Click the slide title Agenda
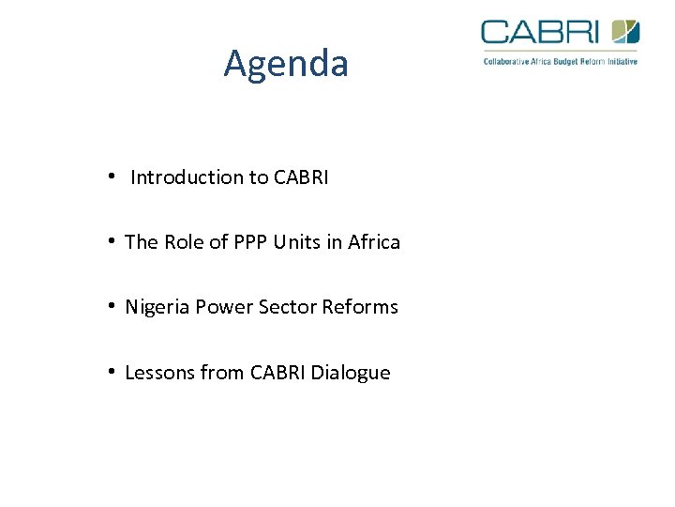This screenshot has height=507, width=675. point(286,64)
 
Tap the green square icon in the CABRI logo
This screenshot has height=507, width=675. point(625,32)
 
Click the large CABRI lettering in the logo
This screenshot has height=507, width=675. point(540,32)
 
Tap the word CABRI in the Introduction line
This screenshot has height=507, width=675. point(301,177)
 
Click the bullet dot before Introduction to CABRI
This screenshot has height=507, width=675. point(112,177)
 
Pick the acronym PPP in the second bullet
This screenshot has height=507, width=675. point(250,242)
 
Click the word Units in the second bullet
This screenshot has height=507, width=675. point(296,242)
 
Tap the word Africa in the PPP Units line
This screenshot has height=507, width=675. point(373,242)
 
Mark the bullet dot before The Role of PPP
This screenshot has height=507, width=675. point(112,241)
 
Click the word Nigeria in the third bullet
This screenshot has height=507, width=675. point(157,307)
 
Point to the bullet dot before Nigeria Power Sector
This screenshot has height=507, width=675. point(112,306)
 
